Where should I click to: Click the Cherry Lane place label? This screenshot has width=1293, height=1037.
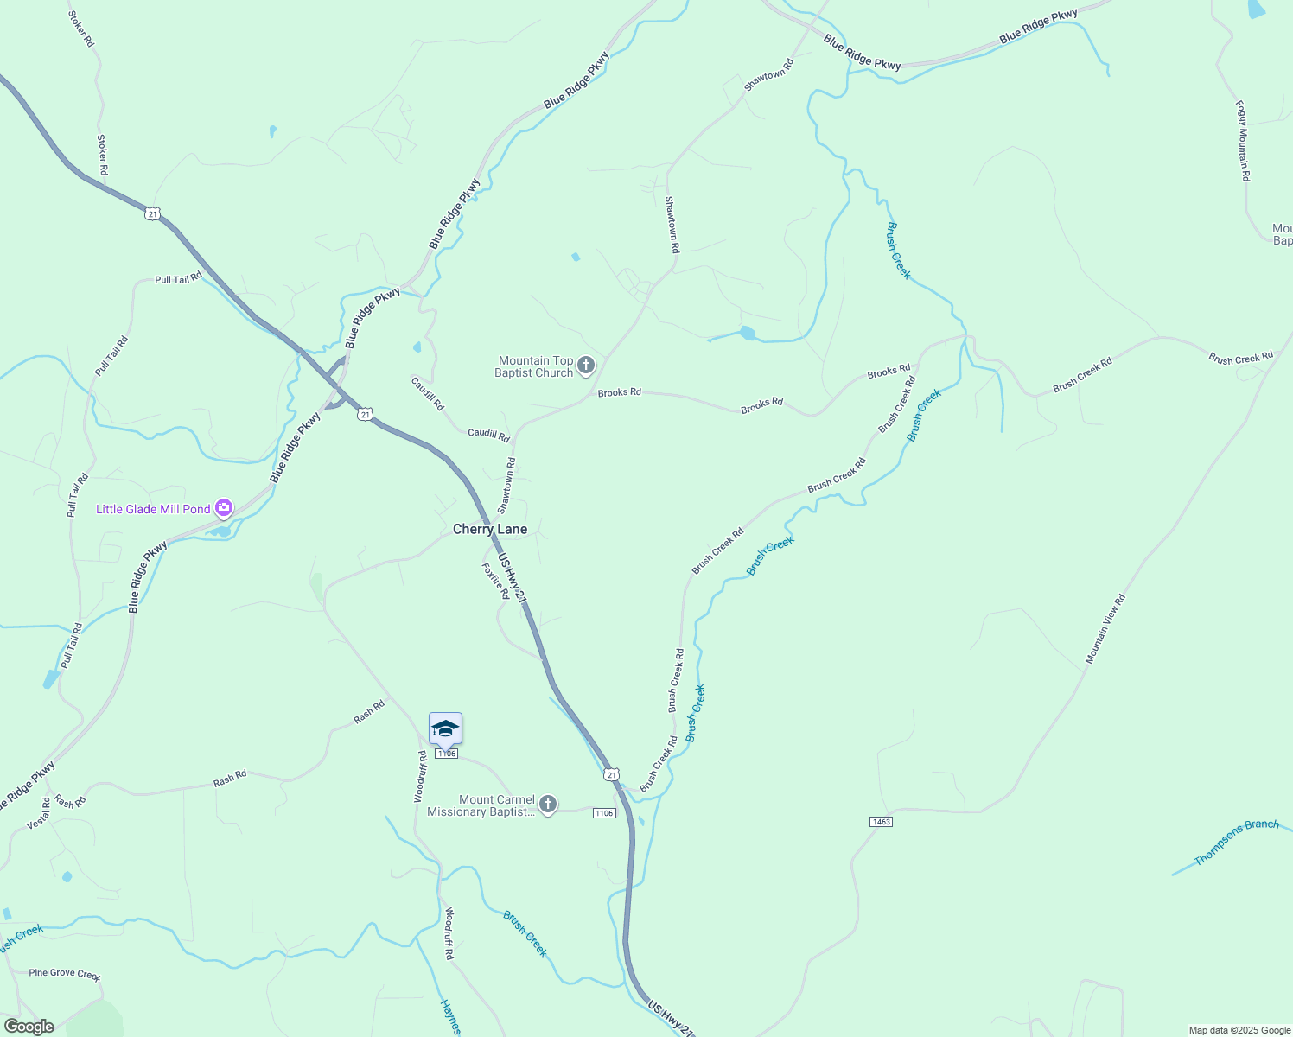(489, 529)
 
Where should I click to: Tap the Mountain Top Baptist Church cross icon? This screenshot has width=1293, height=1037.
(586, 366)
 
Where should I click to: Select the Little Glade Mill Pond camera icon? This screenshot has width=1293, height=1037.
(225, 508)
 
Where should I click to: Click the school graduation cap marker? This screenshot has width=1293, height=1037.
(445, 728)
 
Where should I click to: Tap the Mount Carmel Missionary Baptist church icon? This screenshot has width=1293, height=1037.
(548, 805)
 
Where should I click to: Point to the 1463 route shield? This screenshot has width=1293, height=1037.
(881, 821)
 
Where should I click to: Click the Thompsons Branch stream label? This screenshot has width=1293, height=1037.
(1236, 842)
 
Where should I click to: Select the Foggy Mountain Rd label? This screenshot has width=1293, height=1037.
(1243, 141)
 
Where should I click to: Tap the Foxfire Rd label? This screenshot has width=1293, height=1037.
(495, 581)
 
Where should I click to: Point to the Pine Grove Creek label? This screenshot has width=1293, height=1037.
(65, 974)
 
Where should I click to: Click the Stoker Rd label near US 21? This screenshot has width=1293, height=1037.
(102, 155)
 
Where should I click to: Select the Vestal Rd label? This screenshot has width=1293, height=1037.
(39, 814)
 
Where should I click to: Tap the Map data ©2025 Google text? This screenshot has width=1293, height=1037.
(1239, 1030)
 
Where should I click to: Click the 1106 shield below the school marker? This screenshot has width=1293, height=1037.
(446, 754)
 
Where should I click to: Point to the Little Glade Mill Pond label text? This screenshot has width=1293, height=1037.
(153, 509)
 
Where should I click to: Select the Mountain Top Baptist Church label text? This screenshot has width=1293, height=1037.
(534, 366)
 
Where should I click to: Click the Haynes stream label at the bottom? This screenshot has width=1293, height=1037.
(450, 1017)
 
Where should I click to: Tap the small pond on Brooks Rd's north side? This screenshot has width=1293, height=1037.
(748, 333)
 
